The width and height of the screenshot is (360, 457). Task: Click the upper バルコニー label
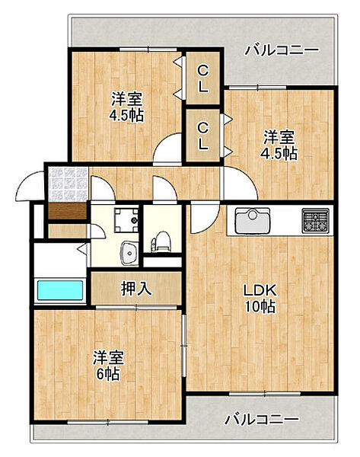point(281,51)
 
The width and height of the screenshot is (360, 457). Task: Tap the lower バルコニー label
point(261,419)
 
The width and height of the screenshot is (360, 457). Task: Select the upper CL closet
point(203,79)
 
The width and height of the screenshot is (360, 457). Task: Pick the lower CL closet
point(203,134)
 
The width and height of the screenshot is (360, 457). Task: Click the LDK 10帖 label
point(259,299)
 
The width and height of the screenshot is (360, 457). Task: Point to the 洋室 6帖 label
point(107,366)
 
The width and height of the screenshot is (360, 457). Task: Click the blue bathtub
point(60,291)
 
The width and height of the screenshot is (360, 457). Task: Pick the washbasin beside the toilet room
point(128,249)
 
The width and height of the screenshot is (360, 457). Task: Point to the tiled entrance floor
point(67,184)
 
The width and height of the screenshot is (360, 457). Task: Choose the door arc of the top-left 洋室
point(166,152)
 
